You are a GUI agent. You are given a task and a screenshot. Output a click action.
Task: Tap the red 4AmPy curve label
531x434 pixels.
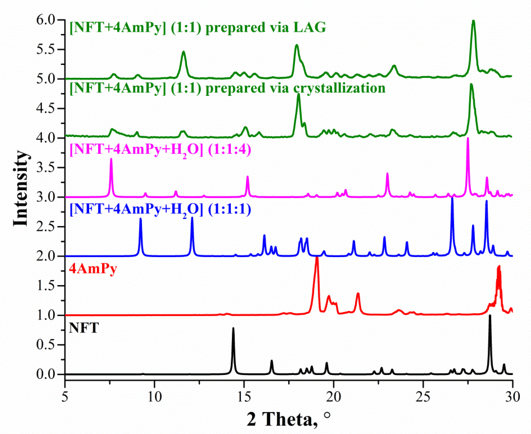93,269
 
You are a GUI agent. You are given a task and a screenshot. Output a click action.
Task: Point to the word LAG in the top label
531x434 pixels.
310,27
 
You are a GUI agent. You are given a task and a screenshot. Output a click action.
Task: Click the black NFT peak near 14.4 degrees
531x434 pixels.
233,329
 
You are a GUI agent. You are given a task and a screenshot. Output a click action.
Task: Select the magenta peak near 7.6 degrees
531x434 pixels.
111,159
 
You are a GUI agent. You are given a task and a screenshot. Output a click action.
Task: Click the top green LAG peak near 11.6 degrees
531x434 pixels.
184,52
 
